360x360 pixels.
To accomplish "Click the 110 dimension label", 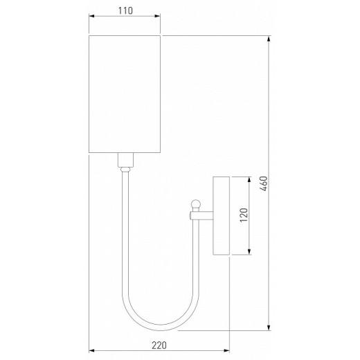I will coord(125,11).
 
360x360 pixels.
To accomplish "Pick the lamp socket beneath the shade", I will coord(125,162).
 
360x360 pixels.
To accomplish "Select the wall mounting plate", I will coord(222,215).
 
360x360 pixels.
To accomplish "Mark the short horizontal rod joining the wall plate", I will coord(203,216).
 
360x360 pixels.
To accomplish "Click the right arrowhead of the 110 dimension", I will coord(159,21).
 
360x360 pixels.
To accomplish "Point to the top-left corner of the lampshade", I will coord(91,35).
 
